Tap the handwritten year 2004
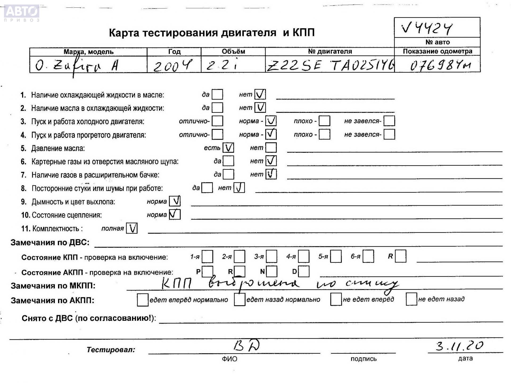(x=172, y=65)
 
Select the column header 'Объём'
(x=233, y=51)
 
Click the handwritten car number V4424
(x=427, y=28)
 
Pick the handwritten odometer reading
(x=440, y=65)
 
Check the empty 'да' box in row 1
(x=217, y=94)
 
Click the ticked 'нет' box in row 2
(x=260, y=107)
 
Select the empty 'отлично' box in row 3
(x=217, y=121)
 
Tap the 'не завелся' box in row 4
(x=389, y=134)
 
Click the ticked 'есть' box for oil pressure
(x=228, y=148)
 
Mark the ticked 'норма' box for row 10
(x=175, y=214)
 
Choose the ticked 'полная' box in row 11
(x=132, y=228)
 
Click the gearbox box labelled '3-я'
(x=271, y=256)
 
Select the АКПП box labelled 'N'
(x=271, y=272)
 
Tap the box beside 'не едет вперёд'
(x=336, y=299)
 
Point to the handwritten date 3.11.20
(x=459, y=346)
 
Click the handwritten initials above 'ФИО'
(x=246, y=345)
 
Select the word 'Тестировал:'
(x=111, y=350)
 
